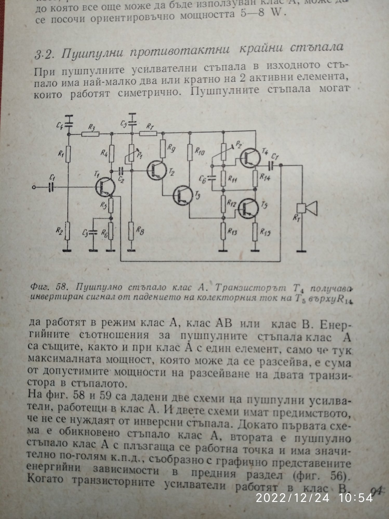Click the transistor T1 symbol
pos(104,187)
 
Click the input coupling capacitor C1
pos(51,187)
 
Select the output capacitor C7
pos(271,165)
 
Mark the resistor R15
pos(255,231)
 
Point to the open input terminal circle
pos(33,187)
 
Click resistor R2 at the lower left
pos(68,231)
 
